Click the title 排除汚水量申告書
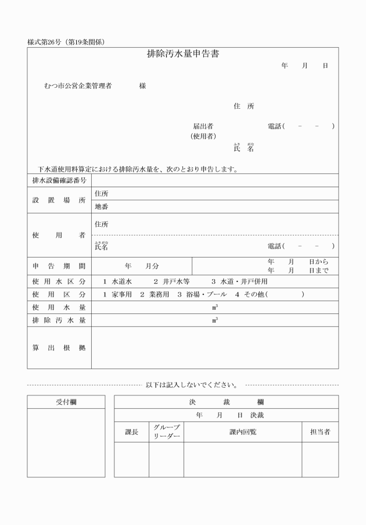tap(182, 54)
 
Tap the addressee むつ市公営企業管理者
tap(77, 86)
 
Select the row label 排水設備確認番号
tap(59, 180)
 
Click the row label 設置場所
tap(59, 200)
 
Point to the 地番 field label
tap(101, 206)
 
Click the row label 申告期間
tap(59, 266)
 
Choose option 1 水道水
tap(118, 281)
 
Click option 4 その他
tap(249, 294)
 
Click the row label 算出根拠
tap(59, 348)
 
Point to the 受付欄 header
tap(66, 402)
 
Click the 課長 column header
tap(132, 432)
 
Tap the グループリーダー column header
tap(166, 432)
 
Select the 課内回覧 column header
tap(243, 432)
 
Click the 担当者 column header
tap(320, 432)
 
